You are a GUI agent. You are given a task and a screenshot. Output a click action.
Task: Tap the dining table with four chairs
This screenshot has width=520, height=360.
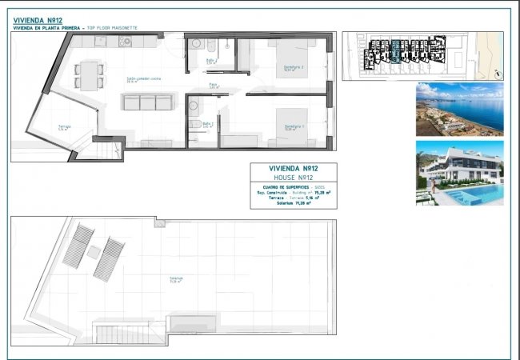(89, 74)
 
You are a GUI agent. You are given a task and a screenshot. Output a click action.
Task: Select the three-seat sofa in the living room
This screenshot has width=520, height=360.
(141, 102)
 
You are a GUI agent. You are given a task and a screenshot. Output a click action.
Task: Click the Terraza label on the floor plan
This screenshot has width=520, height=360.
(64, 127)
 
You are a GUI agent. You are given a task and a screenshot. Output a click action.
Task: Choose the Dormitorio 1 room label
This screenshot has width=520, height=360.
(294, 126)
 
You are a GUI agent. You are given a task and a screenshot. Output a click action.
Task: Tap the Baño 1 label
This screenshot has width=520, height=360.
(207, 125)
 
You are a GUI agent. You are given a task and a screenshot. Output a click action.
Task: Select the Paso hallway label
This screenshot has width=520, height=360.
(214, 85)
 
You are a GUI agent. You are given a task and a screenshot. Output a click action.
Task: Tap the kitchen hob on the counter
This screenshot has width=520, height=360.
(125, 42)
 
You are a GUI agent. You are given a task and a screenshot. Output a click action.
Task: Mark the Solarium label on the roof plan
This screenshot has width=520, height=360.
(176, 279)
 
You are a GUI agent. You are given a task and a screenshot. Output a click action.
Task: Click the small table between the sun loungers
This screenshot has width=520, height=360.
(94, 251)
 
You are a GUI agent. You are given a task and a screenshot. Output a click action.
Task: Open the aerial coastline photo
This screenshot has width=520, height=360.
(459, 109)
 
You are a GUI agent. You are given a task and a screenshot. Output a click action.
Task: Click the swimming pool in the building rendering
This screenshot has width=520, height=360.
(472, 196)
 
